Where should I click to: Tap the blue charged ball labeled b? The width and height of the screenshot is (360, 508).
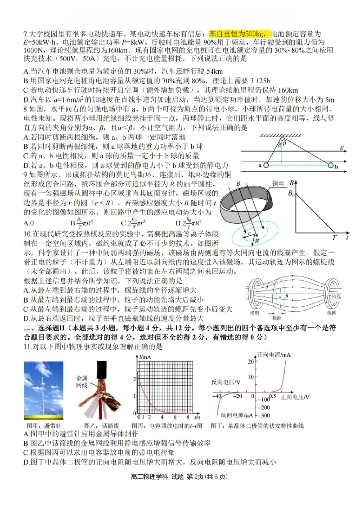click(332, 166)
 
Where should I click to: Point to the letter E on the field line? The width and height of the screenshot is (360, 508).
click(342, 148)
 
